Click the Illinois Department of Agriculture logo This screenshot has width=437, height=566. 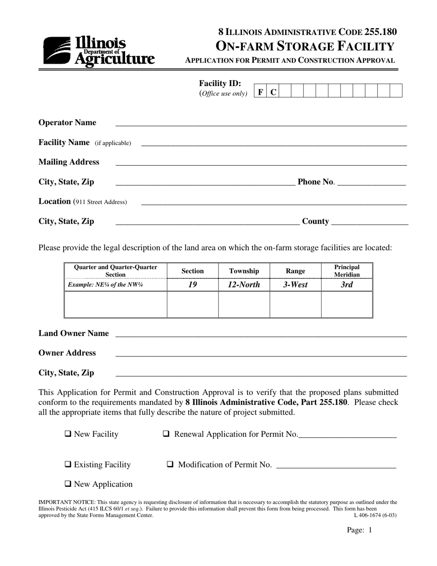[99, 51]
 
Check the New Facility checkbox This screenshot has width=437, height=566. [68, 434]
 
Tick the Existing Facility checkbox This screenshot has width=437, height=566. [68, 464]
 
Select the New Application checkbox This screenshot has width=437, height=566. [68, 484]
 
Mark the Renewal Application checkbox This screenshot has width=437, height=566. [167, 434]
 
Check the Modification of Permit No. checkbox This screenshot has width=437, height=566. [170, 464]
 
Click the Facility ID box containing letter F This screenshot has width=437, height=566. [260, 92]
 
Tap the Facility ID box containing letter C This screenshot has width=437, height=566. [273, 92]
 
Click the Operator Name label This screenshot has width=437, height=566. [67, 122]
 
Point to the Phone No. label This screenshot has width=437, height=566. [316, 182]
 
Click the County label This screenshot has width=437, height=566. [315, 221]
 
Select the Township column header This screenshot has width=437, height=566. [244, 271]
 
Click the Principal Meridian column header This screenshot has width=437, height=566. [347, 271]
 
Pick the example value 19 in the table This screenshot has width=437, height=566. [192, 285]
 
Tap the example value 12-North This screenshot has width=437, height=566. [244, 285]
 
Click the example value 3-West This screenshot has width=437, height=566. [295, 285]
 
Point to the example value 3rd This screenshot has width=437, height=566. [347, 285]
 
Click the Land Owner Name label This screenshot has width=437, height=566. [74, 333]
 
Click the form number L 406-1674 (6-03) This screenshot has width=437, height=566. [375, 515]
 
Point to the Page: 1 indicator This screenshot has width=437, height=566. [359, 530]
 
